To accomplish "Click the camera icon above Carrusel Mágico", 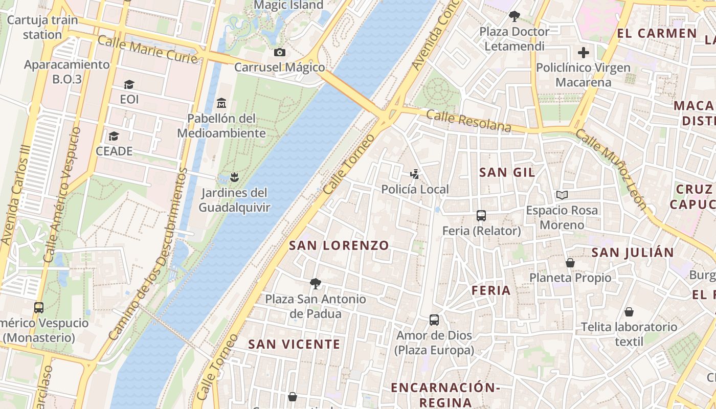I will (x=279, y=52).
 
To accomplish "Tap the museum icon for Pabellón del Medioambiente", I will (x=221, y=103).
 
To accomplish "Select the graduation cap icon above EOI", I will (x=129, y=84).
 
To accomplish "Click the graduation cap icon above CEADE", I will (x=114, y=137).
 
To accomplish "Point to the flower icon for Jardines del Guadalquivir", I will (x=234, y=177).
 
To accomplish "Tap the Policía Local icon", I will (x=415, y=174).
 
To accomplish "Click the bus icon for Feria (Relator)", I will (x=481, y=216).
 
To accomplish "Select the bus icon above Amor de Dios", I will (x=434, y=320).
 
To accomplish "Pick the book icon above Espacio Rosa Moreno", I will (x=562, y=195).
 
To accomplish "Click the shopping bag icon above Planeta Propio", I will (x=570, y=263).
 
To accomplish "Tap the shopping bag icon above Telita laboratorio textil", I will (x=629, y=311).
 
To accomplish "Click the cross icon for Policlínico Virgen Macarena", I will (x=583, y=53).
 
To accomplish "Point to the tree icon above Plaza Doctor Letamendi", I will (x=514, y=16).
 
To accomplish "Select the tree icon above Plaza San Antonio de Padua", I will (x=316, y=283).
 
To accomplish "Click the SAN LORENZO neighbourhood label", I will (x=339, y=245).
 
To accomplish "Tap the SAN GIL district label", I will (x=507, y=172).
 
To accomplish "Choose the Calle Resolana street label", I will (x=468, y=120).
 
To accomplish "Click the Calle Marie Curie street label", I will (x=147, y=49).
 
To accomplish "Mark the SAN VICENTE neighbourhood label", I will (x=294, y=344).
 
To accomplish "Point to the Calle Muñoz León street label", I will (x=612, y=169).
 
